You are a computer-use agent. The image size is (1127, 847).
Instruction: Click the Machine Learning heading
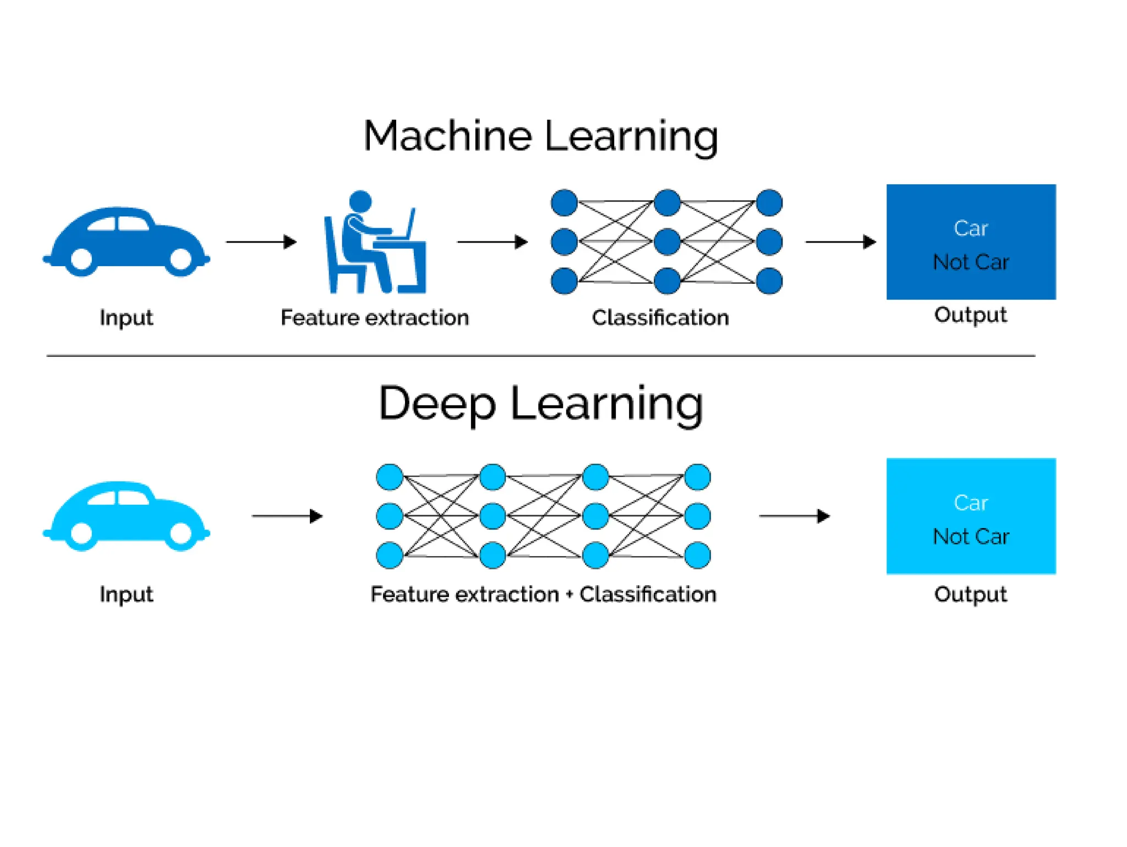(x=540, y=136)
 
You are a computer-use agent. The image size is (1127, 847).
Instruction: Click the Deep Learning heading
(x=540, y=403)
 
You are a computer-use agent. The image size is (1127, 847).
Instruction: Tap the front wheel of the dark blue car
(x=180, y=258)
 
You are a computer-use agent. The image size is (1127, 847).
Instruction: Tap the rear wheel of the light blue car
(x=82, y=532)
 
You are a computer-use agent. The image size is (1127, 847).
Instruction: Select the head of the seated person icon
(x=360, y=201)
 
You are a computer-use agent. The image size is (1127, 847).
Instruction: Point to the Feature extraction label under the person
(x=374, y=317)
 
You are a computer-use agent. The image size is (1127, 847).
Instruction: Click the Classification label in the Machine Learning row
(x=660, y=317)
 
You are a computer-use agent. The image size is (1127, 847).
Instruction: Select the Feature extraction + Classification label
(x=543, y=594)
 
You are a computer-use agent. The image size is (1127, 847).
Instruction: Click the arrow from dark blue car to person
(x=261, y=241)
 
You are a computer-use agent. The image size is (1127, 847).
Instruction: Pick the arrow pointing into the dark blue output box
(x=840, y=241)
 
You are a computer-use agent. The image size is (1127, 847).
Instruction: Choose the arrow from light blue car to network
(x=287, y=516)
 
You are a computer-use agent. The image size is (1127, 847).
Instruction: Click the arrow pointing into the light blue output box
(x=794, y=516)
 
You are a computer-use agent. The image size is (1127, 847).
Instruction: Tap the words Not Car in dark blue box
(x=971, y=262)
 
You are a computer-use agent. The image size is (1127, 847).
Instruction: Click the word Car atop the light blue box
(x=971, y=503)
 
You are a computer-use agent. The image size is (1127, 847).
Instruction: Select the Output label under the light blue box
(x=971, y=594)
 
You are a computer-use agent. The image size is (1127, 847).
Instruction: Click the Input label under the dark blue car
(x=126, y=317)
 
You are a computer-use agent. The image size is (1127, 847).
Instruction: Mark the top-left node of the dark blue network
(x=564, y=202)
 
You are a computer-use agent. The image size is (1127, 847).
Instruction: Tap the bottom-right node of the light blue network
(x=697, y=555)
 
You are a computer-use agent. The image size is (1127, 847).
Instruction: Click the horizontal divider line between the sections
(x=540, y=356)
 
